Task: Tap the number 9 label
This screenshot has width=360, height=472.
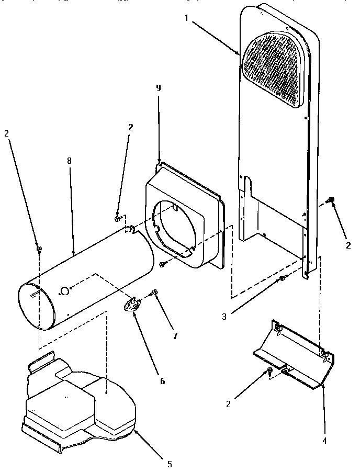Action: point(159,88)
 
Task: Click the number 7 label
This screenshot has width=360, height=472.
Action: point(174,336)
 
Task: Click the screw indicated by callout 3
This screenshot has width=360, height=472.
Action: point(282,278)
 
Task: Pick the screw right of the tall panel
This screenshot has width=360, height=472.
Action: point(331,200)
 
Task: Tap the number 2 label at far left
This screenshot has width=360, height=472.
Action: point(7,134)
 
